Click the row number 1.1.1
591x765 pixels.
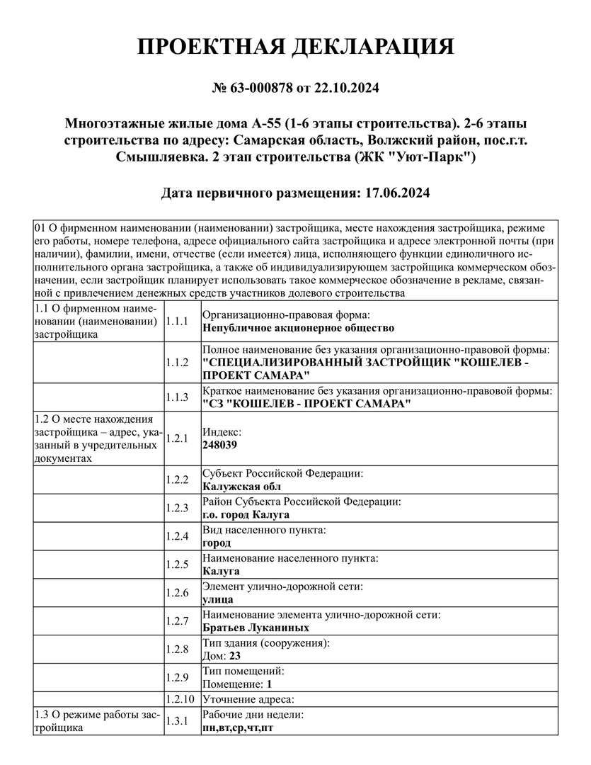(177, 321)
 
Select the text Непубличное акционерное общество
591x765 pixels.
(298, 328)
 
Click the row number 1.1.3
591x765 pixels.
(177, 397)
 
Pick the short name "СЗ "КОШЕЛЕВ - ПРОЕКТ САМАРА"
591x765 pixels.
(306, 404)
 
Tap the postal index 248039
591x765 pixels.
(220, 445)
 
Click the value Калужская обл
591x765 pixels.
(241, 487)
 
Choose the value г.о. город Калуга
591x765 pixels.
(246, 514)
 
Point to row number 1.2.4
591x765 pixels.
(177, 536)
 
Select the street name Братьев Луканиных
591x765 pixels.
(256, 628)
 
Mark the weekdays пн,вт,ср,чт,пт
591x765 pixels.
(238, 727)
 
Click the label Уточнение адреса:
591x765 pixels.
(248, 699)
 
